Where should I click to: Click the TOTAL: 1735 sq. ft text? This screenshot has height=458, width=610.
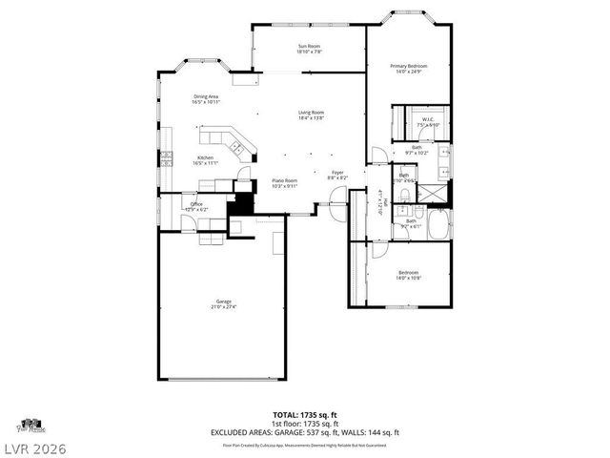coord(304,415)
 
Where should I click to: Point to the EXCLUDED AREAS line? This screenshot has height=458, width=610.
coord(304,432)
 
